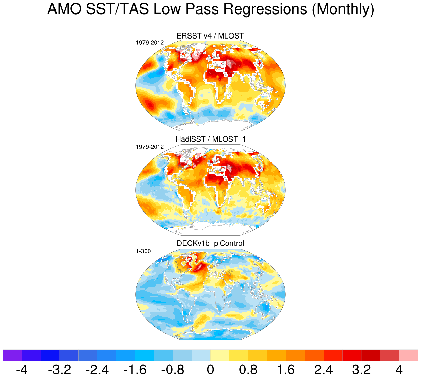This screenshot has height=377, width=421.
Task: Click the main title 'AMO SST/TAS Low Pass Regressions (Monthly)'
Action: pyautogui.click(x=210, y=9)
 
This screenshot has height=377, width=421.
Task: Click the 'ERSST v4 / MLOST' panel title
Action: pyautogui.click(x=210, y=36)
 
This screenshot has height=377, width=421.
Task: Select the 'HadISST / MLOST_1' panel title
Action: pyautogui.click(x=210, y=139)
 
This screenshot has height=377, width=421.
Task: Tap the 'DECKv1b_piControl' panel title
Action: pyautogui.click(x=210, y=243)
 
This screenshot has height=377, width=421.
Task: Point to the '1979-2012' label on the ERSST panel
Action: pyautogui.click(x=150, y=43)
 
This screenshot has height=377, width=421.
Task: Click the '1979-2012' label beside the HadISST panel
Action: pyautogui.click(x=150, y=147)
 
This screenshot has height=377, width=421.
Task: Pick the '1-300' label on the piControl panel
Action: pyautogui.click(x=143, y=251)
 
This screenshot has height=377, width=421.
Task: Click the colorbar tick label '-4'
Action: pyautogui.click(x=22, y=370)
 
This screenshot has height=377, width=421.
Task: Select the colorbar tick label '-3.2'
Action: pyautogui.click(x=60, y=370)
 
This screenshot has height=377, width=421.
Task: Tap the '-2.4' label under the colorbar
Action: pyautogui.click(x=97, y=370)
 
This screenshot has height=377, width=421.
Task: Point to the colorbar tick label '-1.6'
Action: pyautogui.click(x=135, y=370)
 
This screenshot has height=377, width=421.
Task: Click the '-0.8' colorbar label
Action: pyautogui.click(x=173, y=370)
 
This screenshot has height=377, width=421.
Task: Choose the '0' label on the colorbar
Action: pyautogui.click(x=210, y=370)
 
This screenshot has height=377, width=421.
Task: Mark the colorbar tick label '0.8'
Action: pyautogui.click(x=248, y=370)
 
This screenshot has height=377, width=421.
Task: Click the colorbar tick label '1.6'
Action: pyautogui.click(x=286, y=370)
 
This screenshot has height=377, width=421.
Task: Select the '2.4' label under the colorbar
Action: pyautogui.click(x=324, y=370)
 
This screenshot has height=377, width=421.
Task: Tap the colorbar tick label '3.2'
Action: pyautogui.click(x=361, y=370)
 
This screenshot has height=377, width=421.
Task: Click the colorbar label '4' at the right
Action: pyautogui.click(x=399, y=370)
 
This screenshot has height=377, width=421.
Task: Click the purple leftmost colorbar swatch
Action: pyautogui.click(x=12, y=355)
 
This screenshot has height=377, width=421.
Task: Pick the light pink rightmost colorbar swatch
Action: pyautogui.click(x=408, y=355)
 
